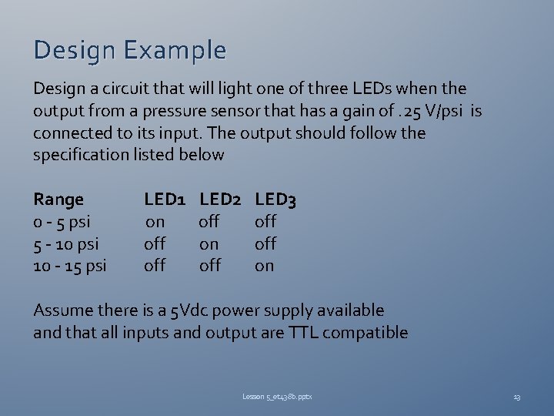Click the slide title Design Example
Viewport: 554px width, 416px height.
pyautogui.click(x=130, y=51)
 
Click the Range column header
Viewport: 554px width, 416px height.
pyautogui.click(x=58, y=200)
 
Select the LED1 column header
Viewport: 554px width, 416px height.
pyautogui.click(x=165, y=200)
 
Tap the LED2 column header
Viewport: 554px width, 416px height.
pyautogui.click(x=220, y=200)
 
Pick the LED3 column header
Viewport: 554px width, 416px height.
pyautogui.click(x=275, y=200)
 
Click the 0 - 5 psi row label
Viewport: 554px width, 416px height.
pyautogui.click(x=62, y=222)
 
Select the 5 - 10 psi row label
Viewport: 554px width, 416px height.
pyautogui.click(x=66, y=244)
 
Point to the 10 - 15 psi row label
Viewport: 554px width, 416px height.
pyautogui.click(x=70, y=267)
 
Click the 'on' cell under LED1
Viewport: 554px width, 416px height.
pyautogui.click(x=155, y=223)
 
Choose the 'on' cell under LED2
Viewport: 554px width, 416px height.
pyautogui.click(x=209, y=244)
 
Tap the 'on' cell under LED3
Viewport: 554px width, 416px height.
pyautogui.click(x=264, y=267)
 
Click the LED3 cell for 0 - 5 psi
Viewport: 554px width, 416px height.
pyautogui.click(x=265, y=222)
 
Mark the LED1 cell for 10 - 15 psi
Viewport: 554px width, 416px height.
pyautogui.click(x=155, y=266)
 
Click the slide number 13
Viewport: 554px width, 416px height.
pyautogui.click(x=516, y=397)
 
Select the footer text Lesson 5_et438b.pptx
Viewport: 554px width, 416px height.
pyautogui.click(x=277, y=397)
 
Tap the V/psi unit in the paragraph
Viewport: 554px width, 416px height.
pyautogui.click(x=447, y=112)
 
